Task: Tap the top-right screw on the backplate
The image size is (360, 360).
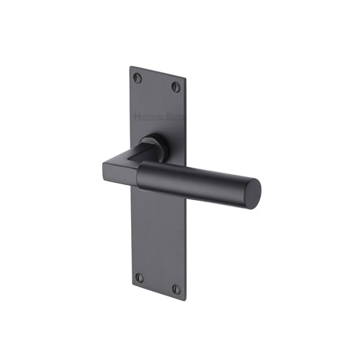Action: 176,87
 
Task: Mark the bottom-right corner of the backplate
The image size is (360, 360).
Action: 184,298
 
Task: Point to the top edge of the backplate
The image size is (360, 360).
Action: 158,73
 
